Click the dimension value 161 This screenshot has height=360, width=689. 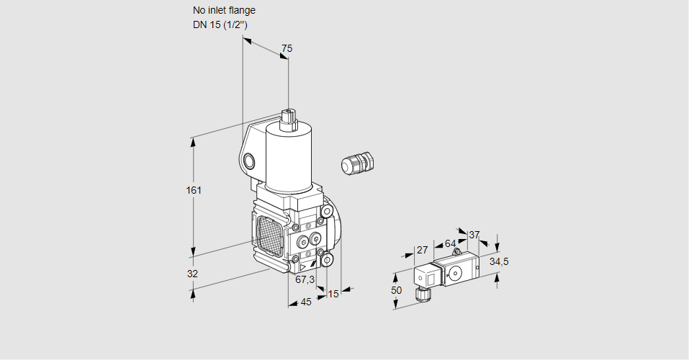coord(193,190)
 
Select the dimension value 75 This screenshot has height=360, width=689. coord(287,48)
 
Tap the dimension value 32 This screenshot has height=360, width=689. coord(192,274)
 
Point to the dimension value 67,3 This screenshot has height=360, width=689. coord(305,279)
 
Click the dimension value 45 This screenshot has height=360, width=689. coord(306,302)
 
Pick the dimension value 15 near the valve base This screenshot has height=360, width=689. coord(333,294)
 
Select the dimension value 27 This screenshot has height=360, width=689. coord(422,250)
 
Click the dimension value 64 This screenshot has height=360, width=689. coord(450,243)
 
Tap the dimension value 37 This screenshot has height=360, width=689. coord(474,235)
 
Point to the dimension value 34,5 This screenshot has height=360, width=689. coord(499,261)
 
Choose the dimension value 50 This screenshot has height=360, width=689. coord(397,289)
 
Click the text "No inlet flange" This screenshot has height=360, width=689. coord(224,11)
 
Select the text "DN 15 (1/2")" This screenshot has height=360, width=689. coord(220,24)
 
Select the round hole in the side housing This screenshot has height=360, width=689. coord(249,161)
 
